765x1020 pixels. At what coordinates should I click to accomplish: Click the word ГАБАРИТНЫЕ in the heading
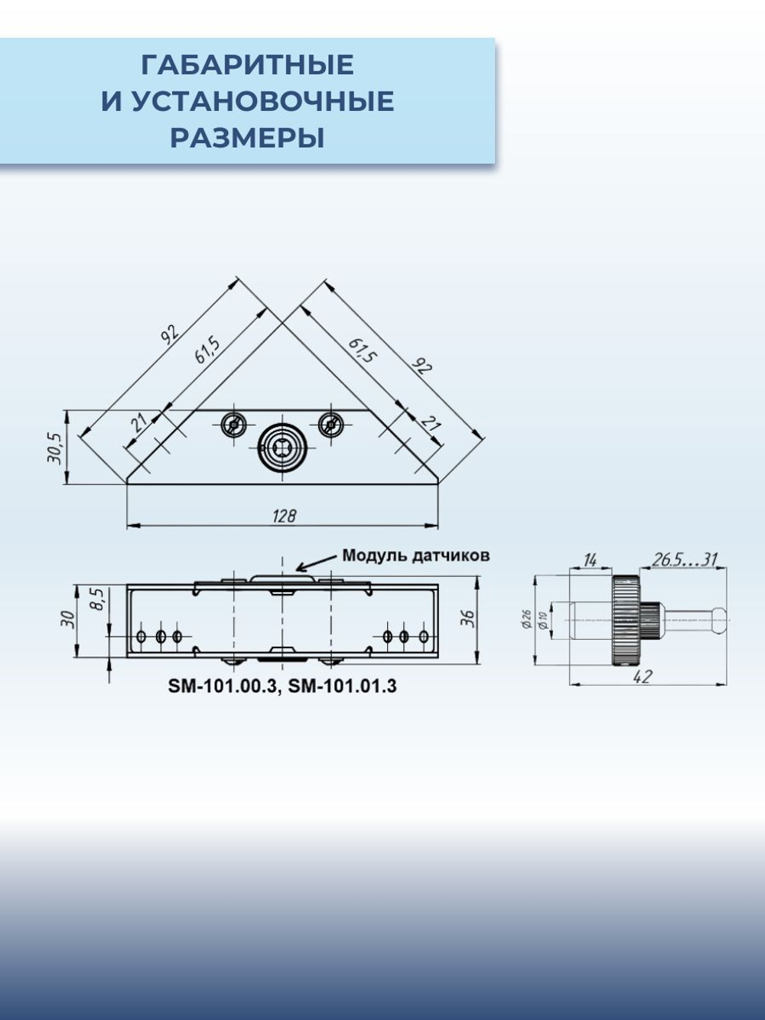247,65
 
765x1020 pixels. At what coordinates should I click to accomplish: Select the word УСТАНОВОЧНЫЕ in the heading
262,102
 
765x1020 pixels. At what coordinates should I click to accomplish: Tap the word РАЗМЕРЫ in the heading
247,138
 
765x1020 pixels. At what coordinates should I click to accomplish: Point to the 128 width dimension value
284,516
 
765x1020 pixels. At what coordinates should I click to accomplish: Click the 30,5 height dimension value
54,448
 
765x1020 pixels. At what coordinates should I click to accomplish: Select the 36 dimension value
468,618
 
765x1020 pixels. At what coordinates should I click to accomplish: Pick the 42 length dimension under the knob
643,676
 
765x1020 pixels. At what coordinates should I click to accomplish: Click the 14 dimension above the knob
590,560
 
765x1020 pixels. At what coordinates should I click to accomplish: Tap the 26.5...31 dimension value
685,560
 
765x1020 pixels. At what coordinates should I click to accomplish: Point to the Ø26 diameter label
526,619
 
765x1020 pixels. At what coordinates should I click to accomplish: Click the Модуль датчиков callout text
415,556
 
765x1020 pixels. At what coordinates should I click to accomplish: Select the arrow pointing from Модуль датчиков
315,563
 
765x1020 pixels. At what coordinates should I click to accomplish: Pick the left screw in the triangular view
233,424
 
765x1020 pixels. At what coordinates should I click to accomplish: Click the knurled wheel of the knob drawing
626,621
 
